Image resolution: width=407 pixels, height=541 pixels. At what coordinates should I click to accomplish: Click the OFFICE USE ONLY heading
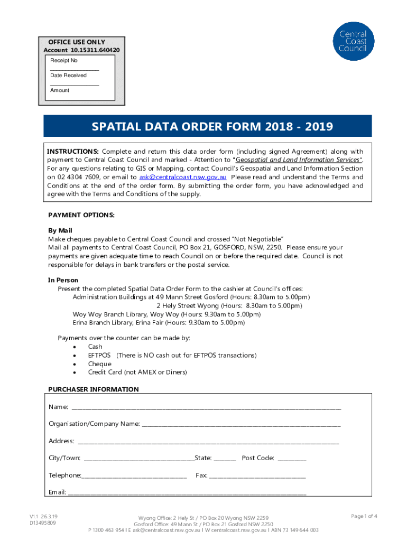click(x=77, y=42)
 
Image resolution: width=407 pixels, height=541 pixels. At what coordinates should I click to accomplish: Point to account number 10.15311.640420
click(x=81, y=50)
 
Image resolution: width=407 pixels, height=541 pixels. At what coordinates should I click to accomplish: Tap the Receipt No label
click(x=64, y=61)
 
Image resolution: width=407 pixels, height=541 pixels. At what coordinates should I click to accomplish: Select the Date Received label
click(x=68, y=76)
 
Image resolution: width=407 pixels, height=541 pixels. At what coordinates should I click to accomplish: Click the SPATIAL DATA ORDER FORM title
click(x=212, y=127)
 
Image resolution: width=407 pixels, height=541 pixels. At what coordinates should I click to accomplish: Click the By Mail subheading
click(x=60, y=231)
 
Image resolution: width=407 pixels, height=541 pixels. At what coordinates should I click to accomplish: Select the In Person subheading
click(x=63, y=280)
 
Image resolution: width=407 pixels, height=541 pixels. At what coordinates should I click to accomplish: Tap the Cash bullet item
click(x=95, y=347)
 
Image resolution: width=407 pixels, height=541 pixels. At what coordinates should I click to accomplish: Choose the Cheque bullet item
click(x=99, y=363)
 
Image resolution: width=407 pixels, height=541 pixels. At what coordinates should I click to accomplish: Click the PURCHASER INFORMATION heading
click(x=94, y=389)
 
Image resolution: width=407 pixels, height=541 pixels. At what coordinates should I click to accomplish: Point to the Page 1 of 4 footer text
click(x=364, y=516)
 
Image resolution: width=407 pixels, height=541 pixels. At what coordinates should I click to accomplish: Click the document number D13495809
click(x=43, y=523)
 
